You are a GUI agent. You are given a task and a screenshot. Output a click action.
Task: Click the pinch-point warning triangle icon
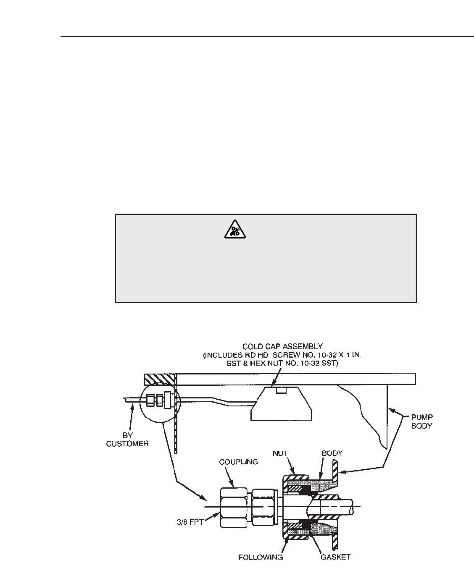tap(231, 230)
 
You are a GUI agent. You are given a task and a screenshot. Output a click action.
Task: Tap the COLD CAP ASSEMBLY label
tap(282, 347)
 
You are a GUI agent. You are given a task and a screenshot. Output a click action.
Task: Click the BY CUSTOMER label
tap(127, 440)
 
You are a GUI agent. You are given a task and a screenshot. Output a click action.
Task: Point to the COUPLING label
tap(238, 462)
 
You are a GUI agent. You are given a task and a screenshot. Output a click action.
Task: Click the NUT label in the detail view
tap(280, 454)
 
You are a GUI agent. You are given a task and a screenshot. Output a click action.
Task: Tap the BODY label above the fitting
tap(332, 454)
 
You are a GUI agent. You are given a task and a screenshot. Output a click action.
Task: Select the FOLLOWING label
tap(261, 557)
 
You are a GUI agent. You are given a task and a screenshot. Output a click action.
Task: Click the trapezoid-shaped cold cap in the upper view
tap(281, 405)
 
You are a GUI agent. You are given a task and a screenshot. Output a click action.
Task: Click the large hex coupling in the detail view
tap(234, 508)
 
